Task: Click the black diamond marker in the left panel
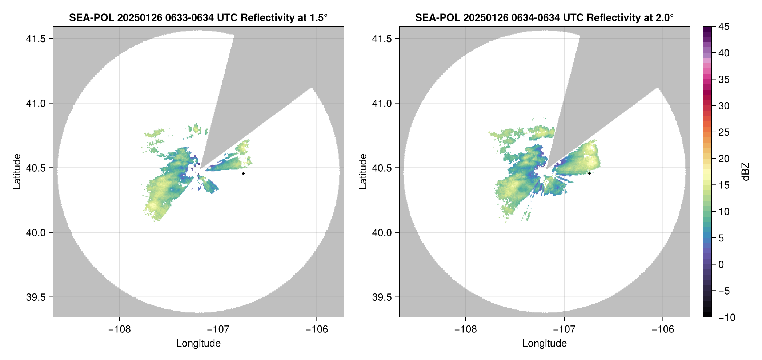(x=243, y=173)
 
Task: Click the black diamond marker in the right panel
(x=589, y=173)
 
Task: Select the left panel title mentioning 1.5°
(x=198, y=17)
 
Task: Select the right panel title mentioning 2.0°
(x=544, y=17)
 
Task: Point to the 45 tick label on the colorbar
(x=724, y=27)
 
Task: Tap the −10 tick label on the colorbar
(x=727, y=317)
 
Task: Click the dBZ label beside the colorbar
(x=746, y=172)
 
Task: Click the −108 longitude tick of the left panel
(x=119, y=329)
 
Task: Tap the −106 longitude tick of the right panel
(x=663, y=329)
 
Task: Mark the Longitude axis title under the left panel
(x=198, y=343)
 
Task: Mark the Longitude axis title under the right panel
(x=544, y=343)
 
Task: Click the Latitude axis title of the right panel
(x=363, y=172)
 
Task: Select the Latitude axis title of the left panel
(x=17, y=172)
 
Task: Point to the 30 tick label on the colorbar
(x=724, y=106)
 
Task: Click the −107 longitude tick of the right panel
(x=564, y=329)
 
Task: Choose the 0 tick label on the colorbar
(x=721, y=265)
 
